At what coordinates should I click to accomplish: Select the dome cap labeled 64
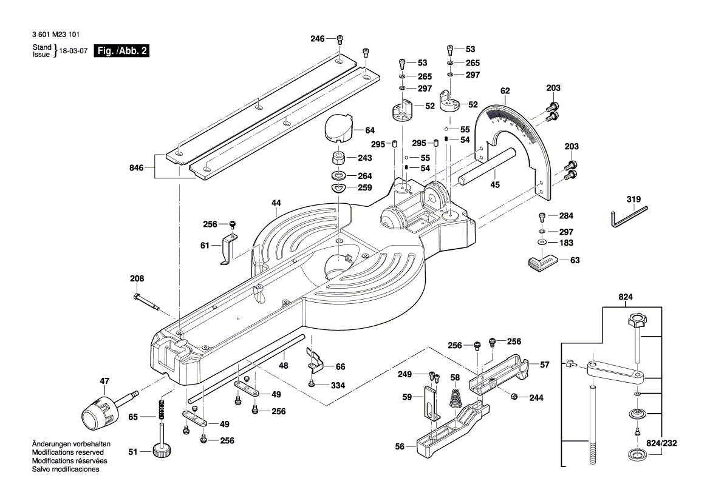(x=338, y=129)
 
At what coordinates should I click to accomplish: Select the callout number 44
(x=276, y=204)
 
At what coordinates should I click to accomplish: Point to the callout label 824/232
(x=678, y=443)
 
